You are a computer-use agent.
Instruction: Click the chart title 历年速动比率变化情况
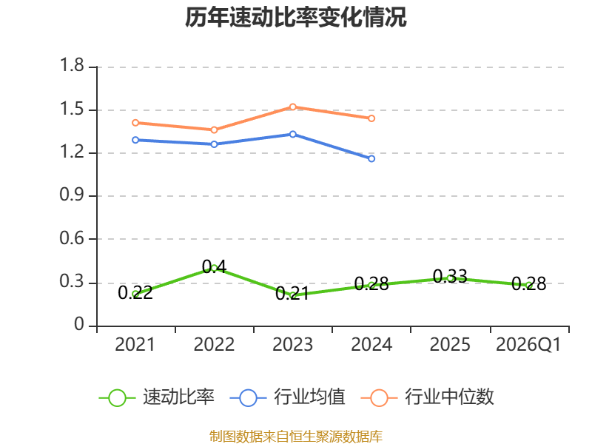[295, 17]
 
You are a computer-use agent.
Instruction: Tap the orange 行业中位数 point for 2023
[292, 107]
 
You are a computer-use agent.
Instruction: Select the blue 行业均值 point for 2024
[371, 158]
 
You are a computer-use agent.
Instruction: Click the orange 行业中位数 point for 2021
[135, 123]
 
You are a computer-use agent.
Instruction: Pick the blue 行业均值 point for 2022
[214, 144]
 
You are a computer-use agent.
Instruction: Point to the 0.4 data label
[214, 266]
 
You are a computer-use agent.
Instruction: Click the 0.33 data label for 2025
[450, 276]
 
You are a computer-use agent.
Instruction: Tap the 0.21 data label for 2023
[292, 293]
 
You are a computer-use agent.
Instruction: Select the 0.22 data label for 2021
[135, 292]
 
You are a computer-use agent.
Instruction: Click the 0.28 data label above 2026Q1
[529, 284]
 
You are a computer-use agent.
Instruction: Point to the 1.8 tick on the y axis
[72, 65]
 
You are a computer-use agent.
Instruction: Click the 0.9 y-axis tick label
[72, 195]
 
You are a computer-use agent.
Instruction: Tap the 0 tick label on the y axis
[79, 324]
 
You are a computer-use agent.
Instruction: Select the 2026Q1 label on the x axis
[528, 345]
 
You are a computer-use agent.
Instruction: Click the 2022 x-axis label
[214, 345]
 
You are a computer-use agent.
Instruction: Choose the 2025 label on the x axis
[450, 345]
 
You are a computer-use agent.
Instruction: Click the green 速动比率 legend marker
[117, 398]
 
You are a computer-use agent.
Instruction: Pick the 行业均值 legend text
[309, 397]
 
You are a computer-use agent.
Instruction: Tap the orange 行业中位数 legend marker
[379, 398]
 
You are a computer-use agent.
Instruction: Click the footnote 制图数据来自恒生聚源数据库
[295, 437]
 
